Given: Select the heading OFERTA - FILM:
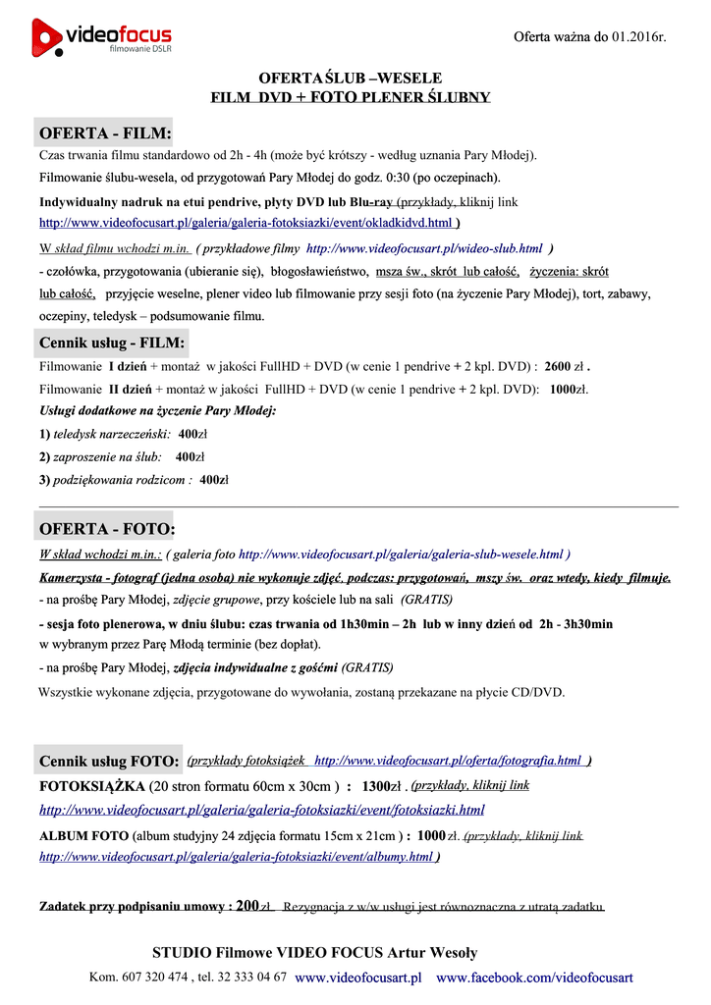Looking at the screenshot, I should point(105,132).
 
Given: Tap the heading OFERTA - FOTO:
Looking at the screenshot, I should point(107,529).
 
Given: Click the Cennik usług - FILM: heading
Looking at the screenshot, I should point(111,343).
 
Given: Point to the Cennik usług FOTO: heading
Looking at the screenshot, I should point(109,762).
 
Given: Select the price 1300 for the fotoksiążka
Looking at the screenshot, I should point(376,786).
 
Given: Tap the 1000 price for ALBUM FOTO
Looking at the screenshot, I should point(431,835).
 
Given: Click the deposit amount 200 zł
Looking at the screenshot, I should point(253,906).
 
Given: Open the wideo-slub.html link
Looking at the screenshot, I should point(424,248).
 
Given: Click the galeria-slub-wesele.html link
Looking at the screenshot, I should point(401,554).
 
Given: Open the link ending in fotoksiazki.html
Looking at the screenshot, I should point(261,810).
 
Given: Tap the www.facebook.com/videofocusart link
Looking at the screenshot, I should point(534,978).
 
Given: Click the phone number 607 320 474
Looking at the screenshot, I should point(154,978).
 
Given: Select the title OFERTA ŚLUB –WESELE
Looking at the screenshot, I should point(350,78).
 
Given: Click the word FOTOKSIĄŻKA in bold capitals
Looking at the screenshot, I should point(92,786).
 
